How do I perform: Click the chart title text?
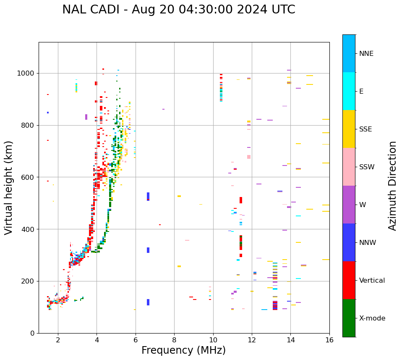tap(178, 10)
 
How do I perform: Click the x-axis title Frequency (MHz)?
tap(183, 350)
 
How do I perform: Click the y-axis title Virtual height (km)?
tap(9, 187)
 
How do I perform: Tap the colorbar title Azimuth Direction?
tap(392, 186)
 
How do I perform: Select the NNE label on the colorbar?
tap(366, 54)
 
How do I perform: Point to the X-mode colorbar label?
tap(372, 318)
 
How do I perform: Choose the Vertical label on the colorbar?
tap(372, 281)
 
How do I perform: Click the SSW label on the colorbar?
tap(367, 167)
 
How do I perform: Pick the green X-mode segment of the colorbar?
tap(349, 318)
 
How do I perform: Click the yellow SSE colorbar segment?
tap(349, 129)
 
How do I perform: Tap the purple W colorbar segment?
tap(349, 205)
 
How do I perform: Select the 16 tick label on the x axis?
tap(329, 340)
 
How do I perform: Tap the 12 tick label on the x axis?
tap(252, 340)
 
